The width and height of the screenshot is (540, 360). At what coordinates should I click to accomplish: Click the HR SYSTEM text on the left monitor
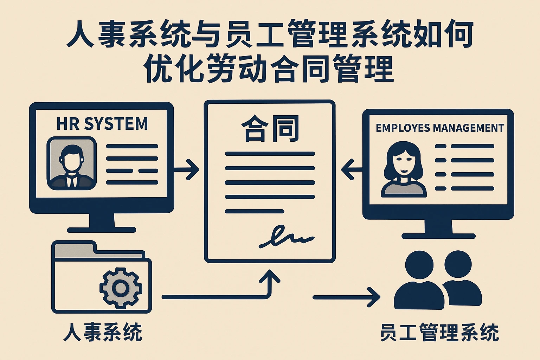[x=102, y=124]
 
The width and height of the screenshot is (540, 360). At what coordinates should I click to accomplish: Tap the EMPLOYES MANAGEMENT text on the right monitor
[x=440, y=128]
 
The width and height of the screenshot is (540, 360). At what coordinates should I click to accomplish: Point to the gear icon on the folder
[x=121, y=288]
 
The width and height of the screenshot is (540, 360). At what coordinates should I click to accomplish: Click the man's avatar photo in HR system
[x=72, y=163]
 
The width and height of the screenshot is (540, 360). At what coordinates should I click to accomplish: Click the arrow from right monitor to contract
[x=352, y=169]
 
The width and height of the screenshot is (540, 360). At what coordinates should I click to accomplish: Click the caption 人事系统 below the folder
[x=103, y=332]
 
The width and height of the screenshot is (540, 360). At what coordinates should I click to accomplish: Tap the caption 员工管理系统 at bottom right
[x=439, y=332]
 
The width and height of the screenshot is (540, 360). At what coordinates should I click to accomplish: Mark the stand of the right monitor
[x=438, y=229]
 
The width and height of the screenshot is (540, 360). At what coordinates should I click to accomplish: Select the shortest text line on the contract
[x=254, y=211]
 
